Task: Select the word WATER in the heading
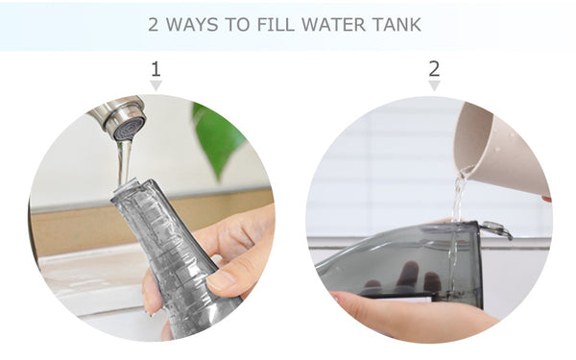[x=333, y=25]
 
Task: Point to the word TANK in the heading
[x=396, y=25]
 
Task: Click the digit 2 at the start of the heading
[x=154, y=25]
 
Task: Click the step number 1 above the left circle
[x=156, y=69]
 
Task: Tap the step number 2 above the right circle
[x=434, y=69]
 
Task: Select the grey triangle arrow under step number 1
[x=156, y=85]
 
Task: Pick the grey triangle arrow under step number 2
[x=434, y=85]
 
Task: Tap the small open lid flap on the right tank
[x=496, y=228]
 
